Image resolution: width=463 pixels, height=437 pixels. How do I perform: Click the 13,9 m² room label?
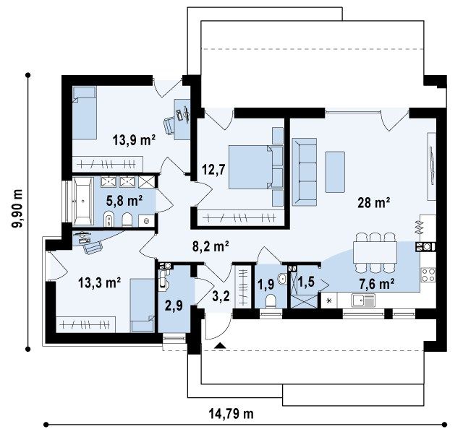click(x=134, y=140)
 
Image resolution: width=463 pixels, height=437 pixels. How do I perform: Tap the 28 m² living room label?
click(x=373, y=202)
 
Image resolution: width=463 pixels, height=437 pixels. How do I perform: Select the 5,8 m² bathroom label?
click(x=124, y=201)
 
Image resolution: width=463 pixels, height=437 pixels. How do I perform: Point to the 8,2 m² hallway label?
click(x=211, y=246)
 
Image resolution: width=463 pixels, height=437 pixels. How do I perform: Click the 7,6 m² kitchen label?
click(x=376, y=284)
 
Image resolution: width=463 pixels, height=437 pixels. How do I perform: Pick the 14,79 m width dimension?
click(x=231, y=414)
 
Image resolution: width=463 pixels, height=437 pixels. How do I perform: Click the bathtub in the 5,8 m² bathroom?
click(x=83, y=201)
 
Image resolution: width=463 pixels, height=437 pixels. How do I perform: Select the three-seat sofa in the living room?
click(x=305, y=172)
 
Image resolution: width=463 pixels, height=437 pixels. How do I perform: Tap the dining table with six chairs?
click(x=375, y=252)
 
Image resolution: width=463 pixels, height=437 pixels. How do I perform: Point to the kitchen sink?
click(x=363, y=300)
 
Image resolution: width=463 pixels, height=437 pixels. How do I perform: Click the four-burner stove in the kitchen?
click(x=428, y=274)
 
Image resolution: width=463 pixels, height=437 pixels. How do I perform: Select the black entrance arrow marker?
click(x=220, y=345)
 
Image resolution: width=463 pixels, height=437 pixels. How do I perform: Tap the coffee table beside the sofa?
click(x=335, y=172)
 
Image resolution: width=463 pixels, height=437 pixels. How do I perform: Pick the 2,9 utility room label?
click(x=174, y=306)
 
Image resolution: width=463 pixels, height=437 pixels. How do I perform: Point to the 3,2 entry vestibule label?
click(x=221, y=296)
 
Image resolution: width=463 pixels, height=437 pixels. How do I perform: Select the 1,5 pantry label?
click(x=306, y=282)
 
